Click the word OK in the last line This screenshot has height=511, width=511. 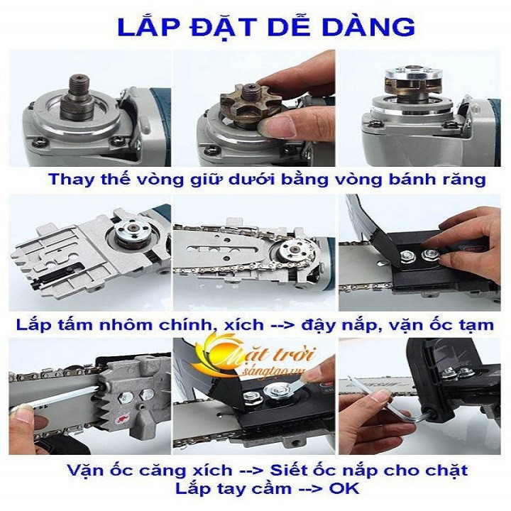click(x=344, y=489)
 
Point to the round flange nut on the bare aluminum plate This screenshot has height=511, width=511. click(x=133, y=231)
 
